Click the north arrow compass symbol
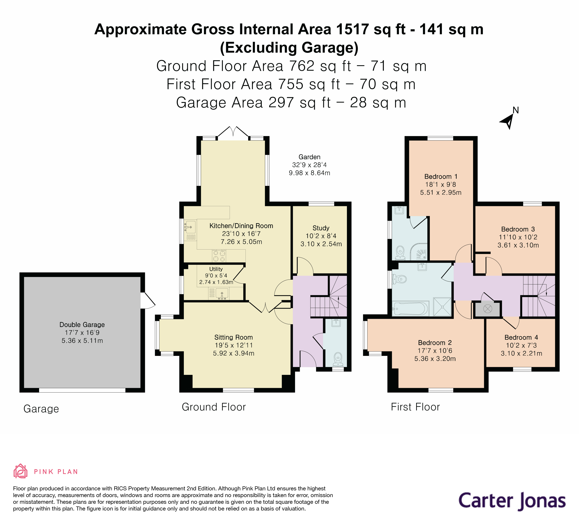click(508, 121)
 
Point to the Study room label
click(321, 228)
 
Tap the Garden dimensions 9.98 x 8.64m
click(309, 173)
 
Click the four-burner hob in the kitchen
click(219, 256)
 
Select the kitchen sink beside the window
click(190, 227)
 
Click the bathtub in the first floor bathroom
click(410, 309)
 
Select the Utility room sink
click(222, 294)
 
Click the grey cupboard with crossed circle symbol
click(488, 309)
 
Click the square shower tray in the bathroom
click(442, 307)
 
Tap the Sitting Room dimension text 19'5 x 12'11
click(233, 345)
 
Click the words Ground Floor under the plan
click(214, 407)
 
